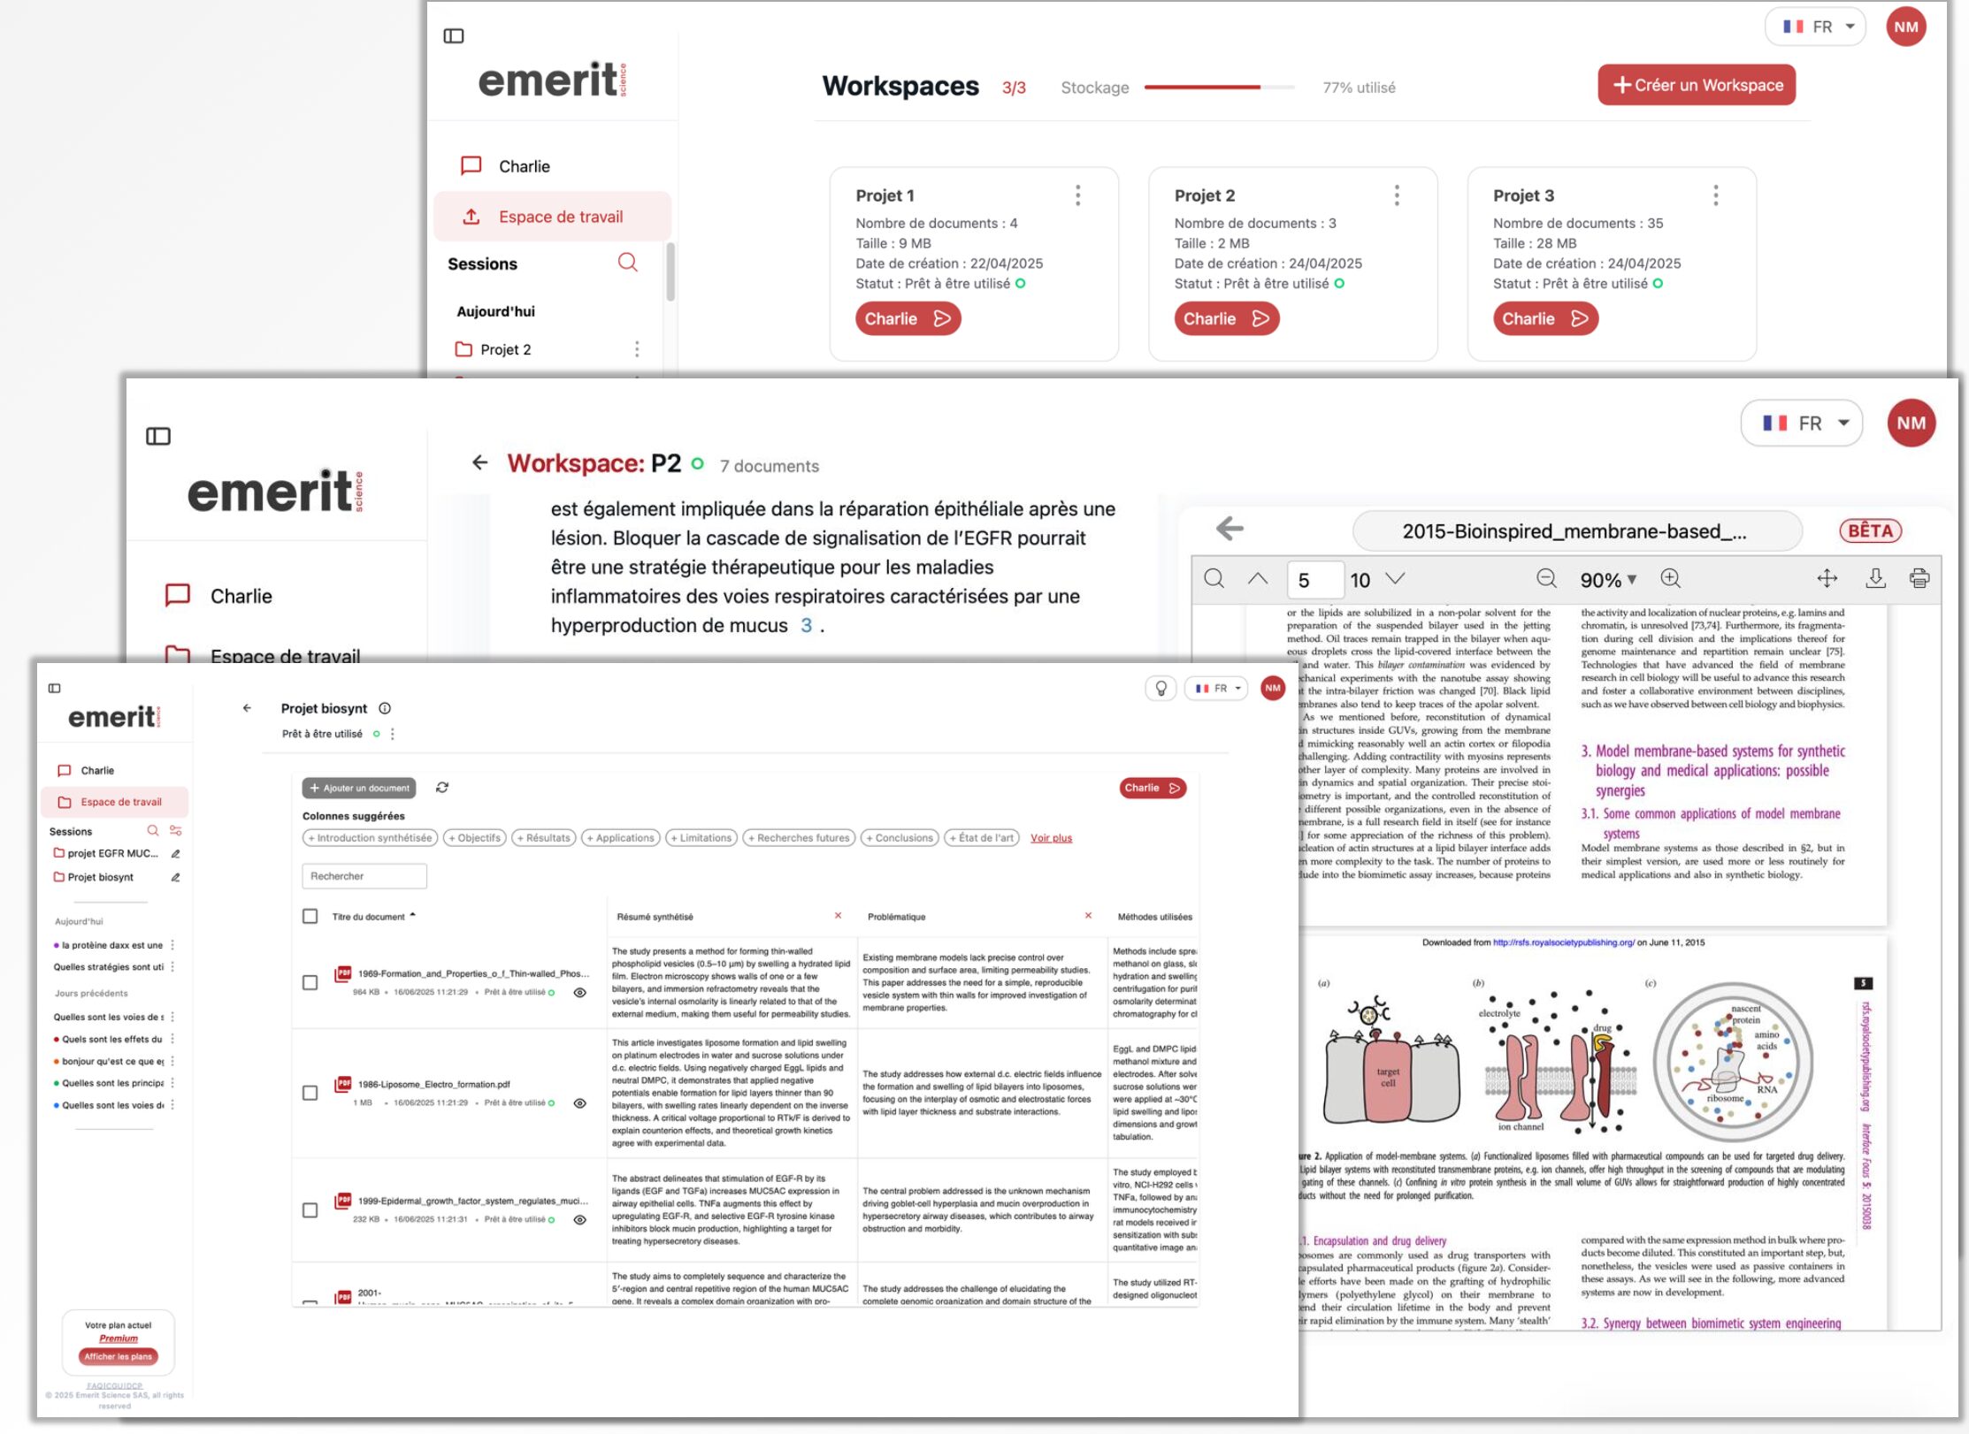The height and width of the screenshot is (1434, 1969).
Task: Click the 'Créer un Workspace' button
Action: point(1696,85)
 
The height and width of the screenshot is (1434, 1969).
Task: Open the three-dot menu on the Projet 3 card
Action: point(1715,195)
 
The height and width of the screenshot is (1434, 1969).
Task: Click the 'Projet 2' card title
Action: point(1204,195)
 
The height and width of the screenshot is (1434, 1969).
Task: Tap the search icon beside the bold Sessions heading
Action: point(627,263)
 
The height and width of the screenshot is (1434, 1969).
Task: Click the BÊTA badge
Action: point(1870,530)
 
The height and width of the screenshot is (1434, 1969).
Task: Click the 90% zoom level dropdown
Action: point(1607,580)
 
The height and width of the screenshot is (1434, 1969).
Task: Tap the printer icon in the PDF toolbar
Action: point(1919,579)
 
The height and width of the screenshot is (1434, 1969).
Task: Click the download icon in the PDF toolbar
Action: point(1874,579)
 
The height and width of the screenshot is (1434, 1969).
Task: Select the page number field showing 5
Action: point(1314,580)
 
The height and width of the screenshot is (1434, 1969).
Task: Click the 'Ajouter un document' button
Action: point(359,788)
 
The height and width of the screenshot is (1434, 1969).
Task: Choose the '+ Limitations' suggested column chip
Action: point(701,838)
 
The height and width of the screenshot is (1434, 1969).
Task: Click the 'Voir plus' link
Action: point(1051,838)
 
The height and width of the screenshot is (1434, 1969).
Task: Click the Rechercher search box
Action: point(364,876)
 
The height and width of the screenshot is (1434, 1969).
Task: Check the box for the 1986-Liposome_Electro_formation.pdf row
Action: point(310,1093)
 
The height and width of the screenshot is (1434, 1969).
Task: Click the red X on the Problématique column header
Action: point(1088,916)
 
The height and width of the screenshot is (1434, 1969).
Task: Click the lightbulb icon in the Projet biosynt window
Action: point(1161,688)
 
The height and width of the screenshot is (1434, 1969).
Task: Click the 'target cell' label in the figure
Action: point(1388,1077)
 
